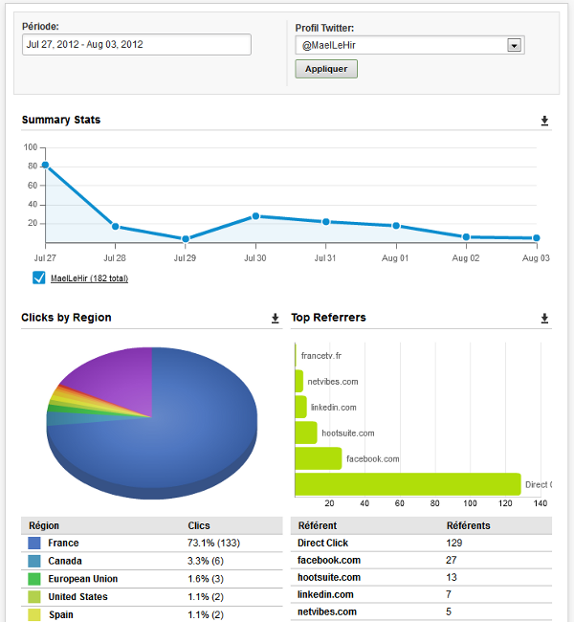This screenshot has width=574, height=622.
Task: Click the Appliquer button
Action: [x=326, y=69]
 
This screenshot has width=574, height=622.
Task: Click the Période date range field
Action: [x=137, y=44]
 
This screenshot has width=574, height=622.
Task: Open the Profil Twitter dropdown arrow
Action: [x=514, y=45]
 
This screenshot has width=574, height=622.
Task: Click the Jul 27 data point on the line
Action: [x=45, y=165]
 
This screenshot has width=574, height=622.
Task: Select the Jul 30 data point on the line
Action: [x=256, y=216]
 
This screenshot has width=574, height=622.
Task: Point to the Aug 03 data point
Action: [x=537, y=238]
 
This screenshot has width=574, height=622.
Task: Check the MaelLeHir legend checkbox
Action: [x=39, y=278]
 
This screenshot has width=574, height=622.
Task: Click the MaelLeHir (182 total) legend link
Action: [x=89, y=278]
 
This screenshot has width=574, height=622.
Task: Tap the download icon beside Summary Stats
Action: [x=544, y=121]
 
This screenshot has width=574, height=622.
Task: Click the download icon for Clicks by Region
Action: [x=276, y=318]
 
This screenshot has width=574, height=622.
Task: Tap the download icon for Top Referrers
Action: [x=544, y=318]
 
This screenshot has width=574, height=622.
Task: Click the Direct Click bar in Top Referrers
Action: [x=408, y=484]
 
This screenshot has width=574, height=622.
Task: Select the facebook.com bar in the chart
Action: [x=318, y=458]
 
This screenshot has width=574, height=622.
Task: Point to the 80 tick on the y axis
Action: [x=31, y=167]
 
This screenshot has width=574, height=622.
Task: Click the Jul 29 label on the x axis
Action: [x=185, y=258]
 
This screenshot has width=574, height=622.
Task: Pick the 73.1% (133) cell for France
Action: [x=214, y=543]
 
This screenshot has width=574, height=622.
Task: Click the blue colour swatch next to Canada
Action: [x=34, y=561]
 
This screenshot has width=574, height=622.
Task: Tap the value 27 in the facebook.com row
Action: [x=453, y=560]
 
